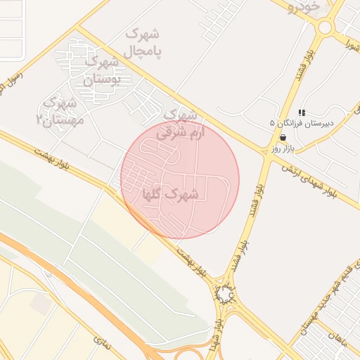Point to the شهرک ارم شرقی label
180,122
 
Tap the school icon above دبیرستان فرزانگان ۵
302,112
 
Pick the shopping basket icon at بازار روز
283,138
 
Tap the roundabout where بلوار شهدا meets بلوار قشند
225,295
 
